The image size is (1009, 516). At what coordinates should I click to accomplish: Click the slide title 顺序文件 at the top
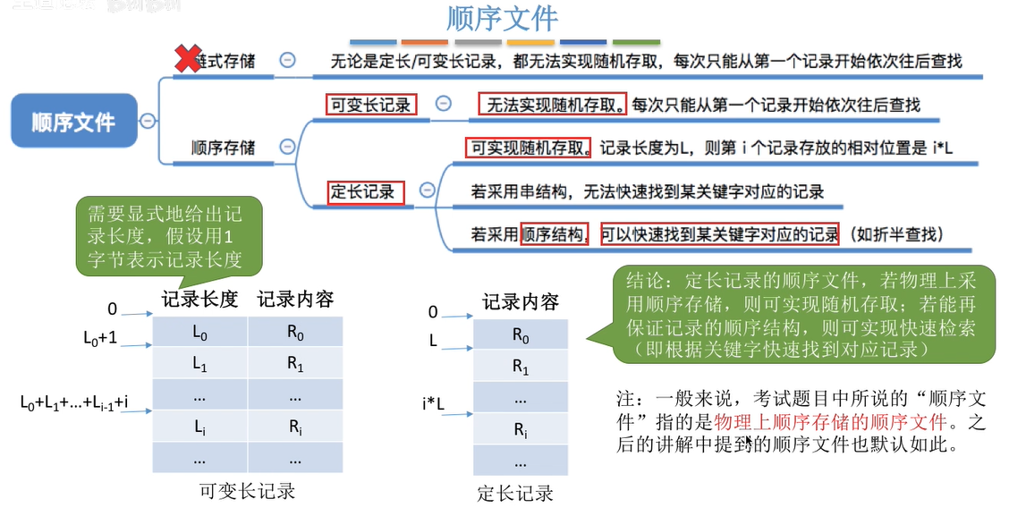coord(502,19)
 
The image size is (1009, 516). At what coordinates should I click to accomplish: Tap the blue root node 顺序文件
coord(74,122)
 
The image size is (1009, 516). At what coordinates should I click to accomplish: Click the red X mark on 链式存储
coord(186,60)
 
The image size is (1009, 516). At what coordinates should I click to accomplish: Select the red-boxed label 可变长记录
coord(370,105)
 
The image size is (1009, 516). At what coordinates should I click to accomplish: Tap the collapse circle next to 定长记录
coord(427,190)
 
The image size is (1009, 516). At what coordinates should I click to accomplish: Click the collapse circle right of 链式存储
coord(287,60)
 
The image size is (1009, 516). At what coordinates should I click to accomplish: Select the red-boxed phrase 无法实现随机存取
coord(553,105)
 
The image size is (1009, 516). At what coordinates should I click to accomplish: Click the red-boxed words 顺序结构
coord(554,234)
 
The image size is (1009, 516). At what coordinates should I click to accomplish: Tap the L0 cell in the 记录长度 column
coord(199,332)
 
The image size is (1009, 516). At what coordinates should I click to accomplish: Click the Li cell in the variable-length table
coord(199,426)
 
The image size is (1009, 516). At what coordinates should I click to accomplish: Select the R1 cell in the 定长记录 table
coord(520,366)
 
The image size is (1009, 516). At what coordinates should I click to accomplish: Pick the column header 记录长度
coord(199,300)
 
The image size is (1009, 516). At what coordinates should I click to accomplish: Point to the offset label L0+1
coord(100,340)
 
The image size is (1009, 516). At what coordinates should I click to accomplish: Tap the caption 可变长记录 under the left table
coord(247,491)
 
